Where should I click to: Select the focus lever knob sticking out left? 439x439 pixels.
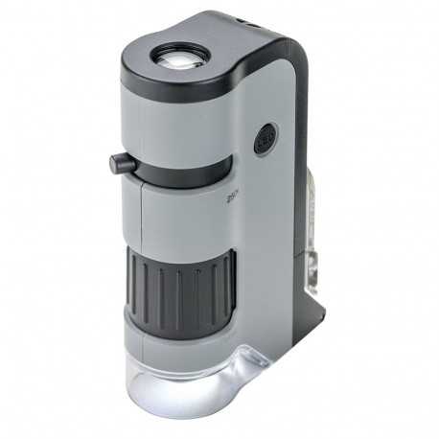(x=117, y=164)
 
